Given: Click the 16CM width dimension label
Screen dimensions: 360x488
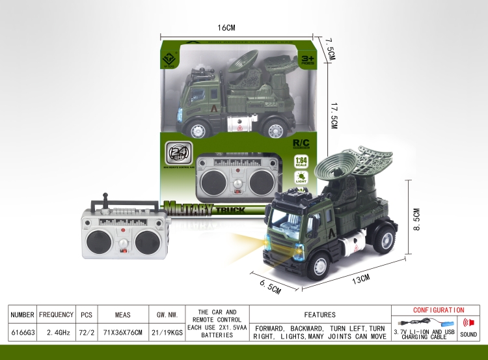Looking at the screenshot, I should (225, 27).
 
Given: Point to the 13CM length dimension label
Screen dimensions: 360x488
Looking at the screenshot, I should (361, 278).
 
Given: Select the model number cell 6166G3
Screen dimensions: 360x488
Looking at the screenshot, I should (22, 331).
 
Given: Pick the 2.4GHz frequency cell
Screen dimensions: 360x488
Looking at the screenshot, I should (56, 331).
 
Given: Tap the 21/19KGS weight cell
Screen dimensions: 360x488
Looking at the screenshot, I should (163, 331).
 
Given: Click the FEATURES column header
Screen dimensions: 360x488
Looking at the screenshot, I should (319, 314).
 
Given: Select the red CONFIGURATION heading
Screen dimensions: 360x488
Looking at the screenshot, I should (439, 311).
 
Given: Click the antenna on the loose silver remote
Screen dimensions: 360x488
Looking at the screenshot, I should (102, 201).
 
